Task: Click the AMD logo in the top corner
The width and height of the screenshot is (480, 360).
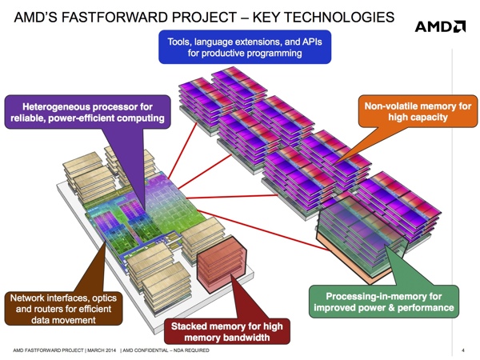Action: [440, 26]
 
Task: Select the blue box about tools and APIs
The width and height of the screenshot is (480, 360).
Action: [245, 47]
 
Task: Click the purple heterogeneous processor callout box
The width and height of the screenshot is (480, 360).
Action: [87, 112]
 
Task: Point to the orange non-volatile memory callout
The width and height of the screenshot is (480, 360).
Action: [418, 111]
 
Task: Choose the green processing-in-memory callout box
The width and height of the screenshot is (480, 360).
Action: [384, 302]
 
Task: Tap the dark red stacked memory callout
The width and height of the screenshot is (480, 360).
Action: [227, 331]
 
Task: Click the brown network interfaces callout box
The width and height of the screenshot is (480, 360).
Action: [63, 309]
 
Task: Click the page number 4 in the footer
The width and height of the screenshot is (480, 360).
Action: [463, 350]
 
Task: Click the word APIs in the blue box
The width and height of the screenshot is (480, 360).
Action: [312, 42]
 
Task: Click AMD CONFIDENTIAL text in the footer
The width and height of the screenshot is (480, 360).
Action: [146, 350]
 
